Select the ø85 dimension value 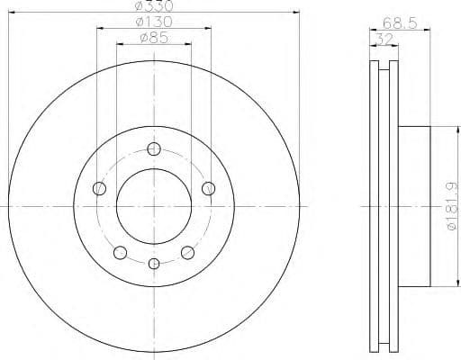pyautogui.click(x=153, y=38)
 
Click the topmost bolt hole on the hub pyautogui.click(x=154, y=149)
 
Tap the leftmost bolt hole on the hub pyautogui.click(x=99, y=188)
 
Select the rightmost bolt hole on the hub pyautogui.click(x=208, y=188)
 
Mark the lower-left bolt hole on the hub pyautogui.click(x=121, y=252)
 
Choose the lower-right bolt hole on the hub pyautogui.click(x=187, y=252)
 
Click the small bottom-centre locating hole pyautogui.click(x=154, y=264)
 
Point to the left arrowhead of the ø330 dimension pyautogui.click(x=11, y=13)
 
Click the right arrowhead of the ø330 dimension pyautogui.click(x=295, y=13)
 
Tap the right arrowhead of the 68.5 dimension pyautogui.click(x=429, y=30)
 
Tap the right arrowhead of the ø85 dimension pyautogui.click(x=189, y=45)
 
